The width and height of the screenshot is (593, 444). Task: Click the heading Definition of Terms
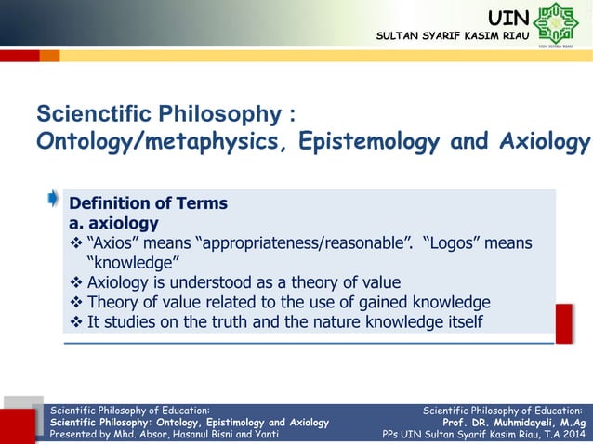[149, 203]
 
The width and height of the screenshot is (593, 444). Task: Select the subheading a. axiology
[113, 223]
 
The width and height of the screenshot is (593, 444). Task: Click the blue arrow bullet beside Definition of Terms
[55, 198]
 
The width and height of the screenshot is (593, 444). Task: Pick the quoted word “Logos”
[451, 243]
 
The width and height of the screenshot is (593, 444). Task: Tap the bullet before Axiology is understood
[77, 282]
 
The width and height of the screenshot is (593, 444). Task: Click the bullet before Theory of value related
[77, 303]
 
